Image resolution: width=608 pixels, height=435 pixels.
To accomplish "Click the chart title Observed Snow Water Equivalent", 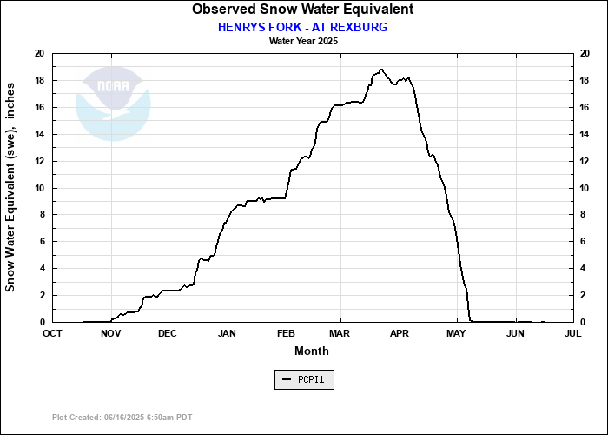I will [x=302, y=10].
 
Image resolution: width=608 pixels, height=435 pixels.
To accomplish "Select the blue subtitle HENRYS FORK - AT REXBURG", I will [x=302, y=27].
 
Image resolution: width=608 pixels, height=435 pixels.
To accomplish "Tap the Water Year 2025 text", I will [x=303, y=41].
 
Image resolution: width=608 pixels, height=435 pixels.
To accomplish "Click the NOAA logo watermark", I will [x=113, y=104].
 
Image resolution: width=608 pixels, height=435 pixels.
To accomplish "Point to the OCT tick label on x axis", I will [x=53, y=333].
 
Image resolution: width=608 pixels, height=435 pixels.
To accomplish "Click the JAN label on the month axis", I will [x=227, y=333].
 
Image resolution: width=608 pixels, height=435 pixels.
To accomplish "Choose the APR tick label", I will [x=400, y=333].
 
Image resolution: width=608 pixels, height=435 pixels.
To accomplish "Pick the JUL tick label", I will [x=572, y=333].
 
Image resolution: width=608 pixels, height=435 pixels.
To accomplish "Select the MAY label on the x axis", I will [x=457, y=333].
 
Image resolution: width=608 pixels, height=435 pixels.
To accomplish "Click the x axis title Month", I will [x=312, y=351].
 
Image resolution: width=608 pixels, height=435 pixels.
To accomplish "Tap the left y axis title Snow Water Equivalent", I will [x=11, y=188].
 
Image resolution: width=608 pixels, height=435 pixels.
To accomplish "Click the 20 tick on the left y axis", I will [x=39, y=54].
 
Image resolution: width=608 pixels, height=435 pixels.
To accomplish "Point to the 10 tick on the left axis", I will [x=39, y=188].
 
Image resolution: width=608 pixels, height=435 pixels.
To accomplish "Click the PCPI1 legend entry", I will [x=303, y=380].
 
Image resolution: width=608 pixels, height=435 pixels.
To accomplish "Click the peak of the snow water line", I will [x=381, y=70].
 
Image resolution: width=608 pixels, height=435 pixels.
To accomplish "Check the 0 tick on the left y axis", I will [x=42, y=322].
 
